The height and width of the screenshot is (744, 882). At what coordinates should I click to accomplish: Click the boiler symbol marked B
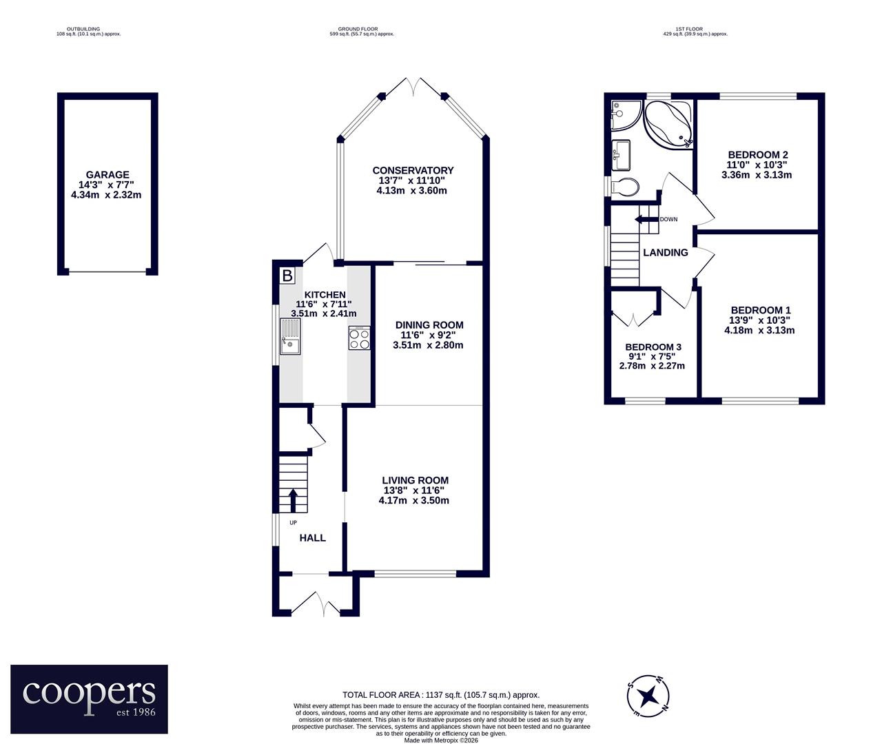(x=287, y=276)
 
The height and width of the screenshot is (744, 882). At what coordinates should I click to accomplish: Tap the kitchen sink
(x=290, y=337)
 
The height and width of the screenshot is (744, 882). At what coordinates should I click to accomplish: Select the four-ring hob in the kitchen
(x=360, y=338)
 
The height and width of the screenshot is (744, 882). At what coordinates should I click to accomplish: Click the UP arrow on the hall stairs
(x=293, y=500)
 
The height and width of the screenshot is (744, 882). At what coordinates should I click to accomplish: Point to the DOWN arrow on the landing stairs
(x=647, y=219)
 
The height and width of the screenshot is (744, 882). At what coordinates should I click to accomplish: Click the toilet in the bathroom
(x=625, y=186)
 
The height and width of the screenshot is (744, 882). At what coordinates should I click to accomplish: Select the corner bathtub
(x=668, y=124)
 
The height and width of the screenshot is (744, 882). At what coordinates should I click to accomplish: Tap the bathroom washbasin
(x=621, y=155)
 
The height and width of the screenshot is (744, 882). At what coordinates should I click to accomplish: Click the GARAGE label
(x=107, y=174)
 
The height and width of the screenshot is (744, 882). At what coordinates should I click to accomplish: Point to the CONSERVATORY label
(x=413, y=170)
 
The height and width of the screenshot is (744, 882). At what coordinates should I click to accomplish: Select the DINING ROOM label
(x=429, y=324)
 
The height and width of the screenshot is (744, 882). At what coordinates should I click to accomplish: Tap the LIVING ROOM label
(x=416, y=480)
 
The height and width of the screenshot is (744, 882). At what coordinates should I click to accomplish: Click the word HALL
(x=313, y=537)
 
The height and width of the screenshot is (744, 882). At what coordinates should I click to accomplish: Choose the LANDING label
(x=666, y=253)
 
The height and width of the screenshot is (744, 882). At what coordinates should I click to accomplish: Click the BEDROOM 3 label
(x=653, y=347)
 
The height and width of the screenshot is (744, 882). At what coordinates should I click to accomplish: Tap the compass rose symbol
(x=648, y=696)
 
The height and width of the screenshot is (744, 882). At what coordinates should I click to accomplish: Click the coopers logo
(x=89, y=699)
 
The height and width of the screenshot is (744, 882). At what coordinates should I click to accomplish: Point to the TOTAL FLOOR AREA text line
(x=441, y=695)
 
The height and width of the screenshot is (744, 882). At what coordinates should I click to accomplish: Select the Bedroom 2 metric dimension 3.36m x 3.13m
(x=757, y=175)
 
